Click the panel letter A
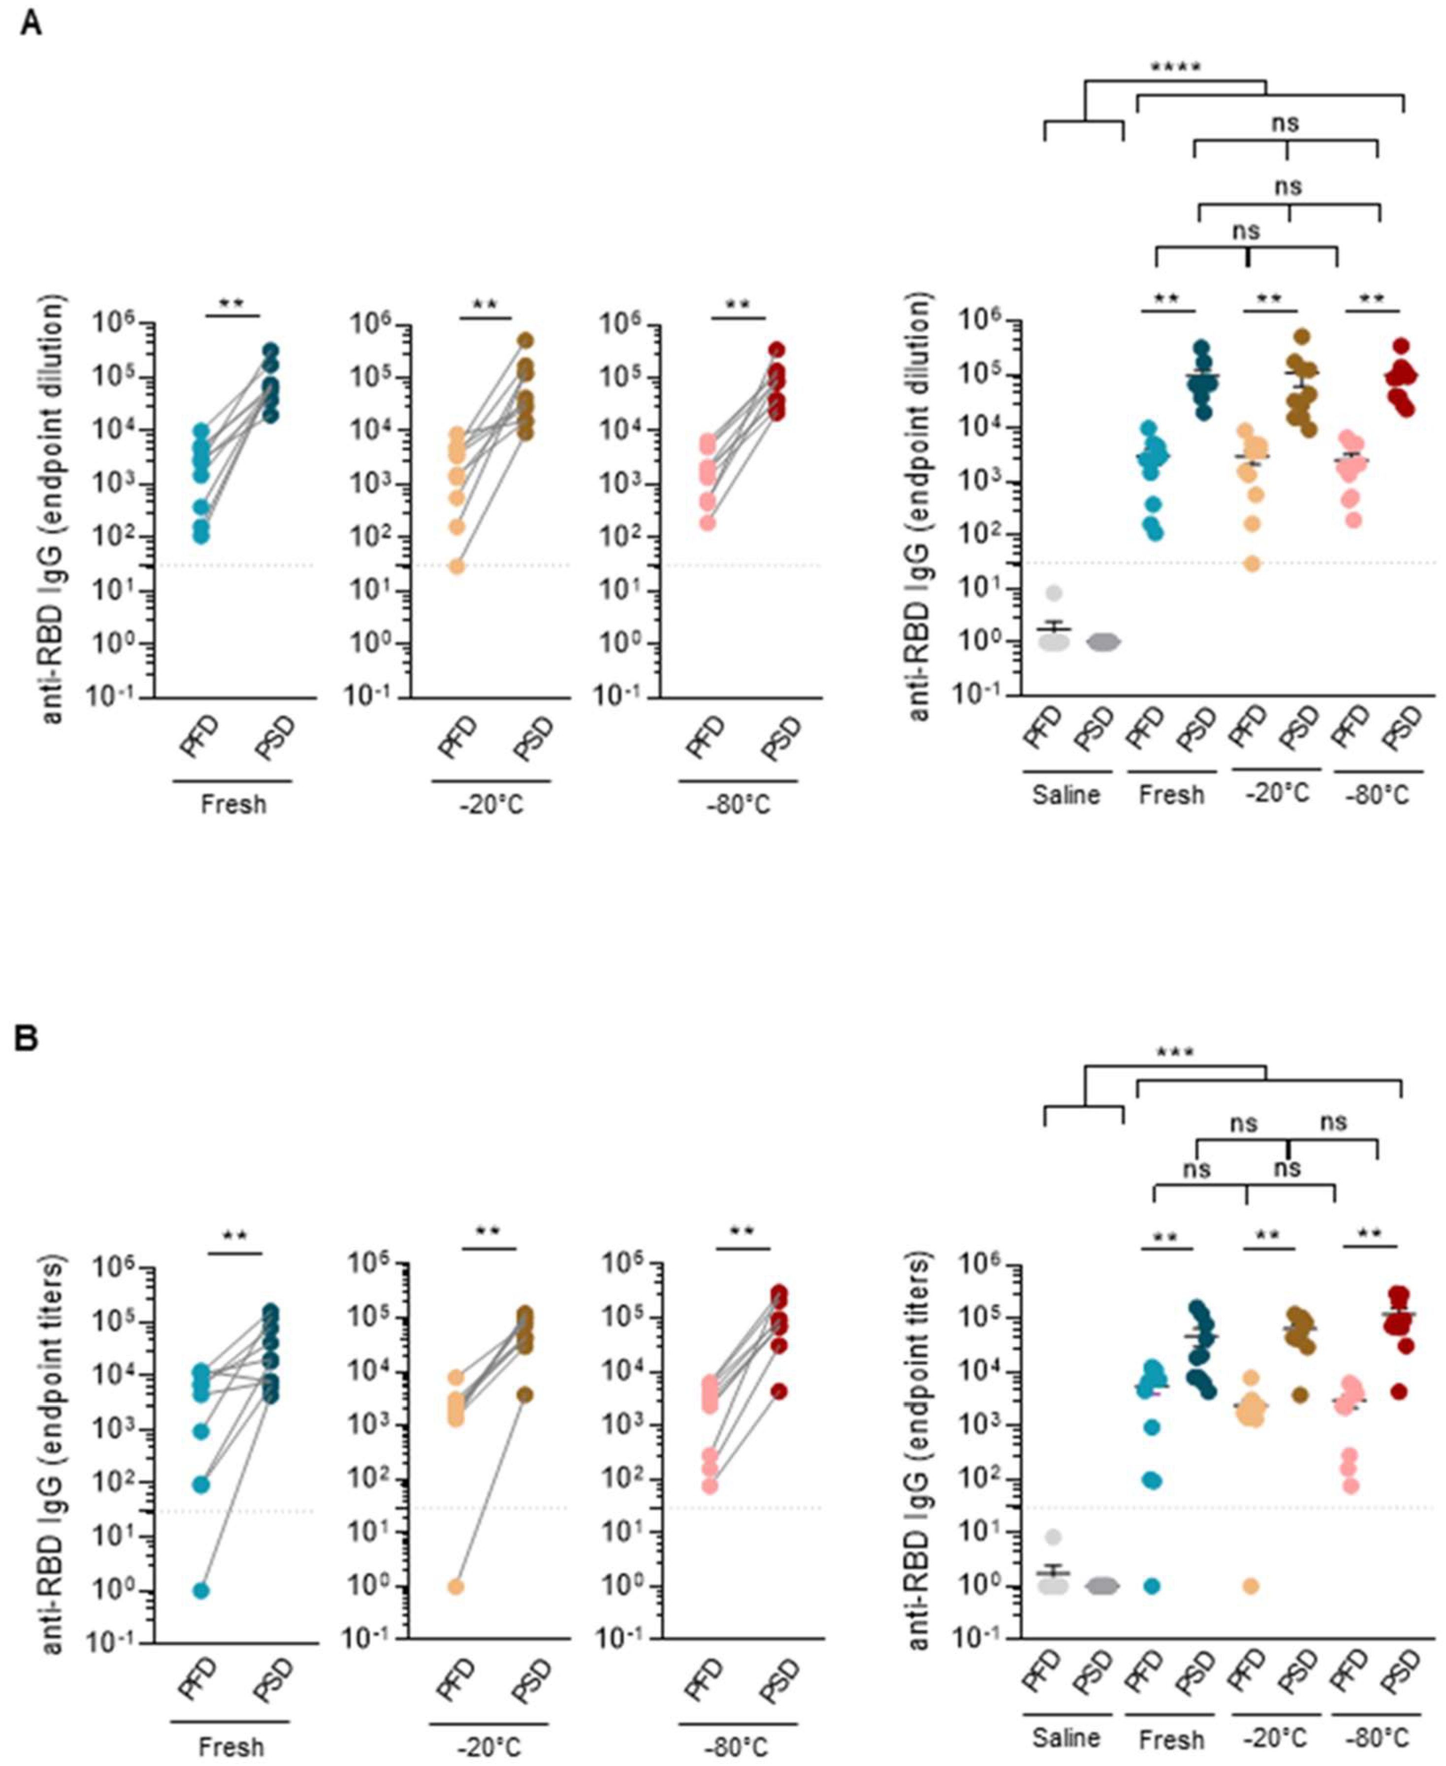(31, 23)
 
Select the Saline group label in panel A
(1066, 795)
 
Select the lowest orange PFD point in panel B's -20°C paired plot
(455, 1586)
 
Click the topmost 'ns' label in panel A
(1285, 123)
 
